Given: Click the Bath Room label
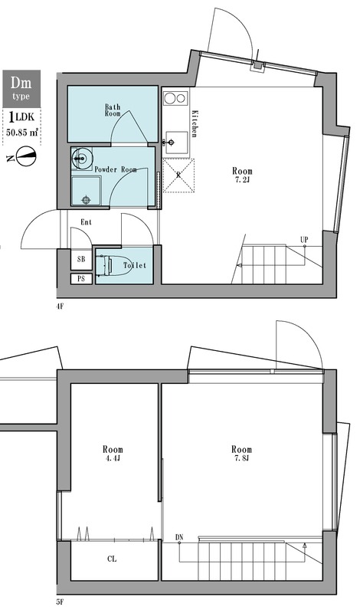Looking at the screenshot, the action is click(x=113, y=110).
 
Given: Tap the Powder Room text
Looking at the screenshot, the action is click(x=116, y=169).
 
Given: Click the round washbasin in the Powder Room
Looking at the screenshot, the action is click(x=80, y=159).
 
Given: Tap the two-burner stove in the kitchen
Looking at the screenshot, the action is click(x=175, y=98).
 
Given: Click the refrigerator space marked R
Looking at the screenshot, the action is click(x=178, y=175).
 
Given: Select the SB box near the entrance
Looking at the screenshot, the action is click(x=81, y=259).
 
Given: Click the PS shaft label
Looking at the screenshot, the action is click(x=81, y=279).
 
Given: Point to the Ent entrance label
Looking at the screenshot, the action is click(x=86, y=222).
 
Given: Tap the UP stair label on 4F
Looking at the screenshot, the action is click(x=305, y=239).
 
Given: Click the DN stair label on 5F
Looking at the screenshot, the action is click(x=179, y=537).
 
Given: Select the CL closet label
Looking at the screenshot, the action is click(x=112, y=559).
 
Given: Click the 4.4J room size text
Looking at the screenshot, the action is click(x=113, y=458).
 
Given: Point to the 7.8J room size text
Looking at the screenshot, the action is click(x=241, y=458).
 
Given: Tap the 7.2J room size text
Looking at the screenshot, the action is click(x=242, y=180).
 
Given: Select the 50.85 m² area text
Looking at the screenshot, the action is click(x=22, y=132).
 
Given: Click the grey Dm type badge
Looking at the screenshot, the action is click(x=21, y=89).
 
